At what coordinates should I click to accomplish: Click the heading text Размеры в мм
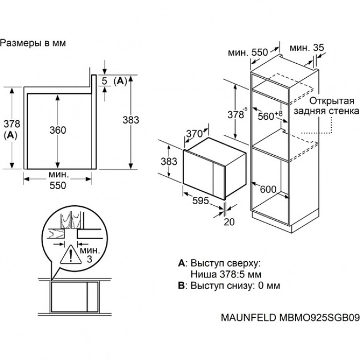[x=33, y=43]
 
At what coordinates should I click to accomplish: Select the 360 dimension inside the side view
[x=58, y=130]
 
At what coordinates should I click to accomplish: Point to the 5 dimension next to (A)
[x=104, y=81]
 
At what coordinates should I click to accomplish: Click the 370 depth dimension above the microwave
[x=194, y=133]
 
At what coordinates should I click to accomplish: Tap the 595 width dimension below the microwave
[x=201, y=201]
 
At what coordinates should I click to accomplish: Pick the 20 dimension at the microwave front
[x=229, y=222]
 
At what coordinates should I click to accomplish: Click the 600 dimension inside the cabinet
[x=268, y=189]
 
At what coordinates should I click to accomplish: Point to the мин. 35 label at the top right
[x=307, y=48]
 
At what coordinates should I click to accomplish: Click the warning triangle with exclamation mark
[x=71, y=255]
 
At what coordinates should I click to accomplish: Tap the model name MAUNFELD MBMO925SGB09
[x=290, y=317]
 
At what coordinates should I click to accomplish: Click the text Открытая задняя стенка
[x=327, y=105]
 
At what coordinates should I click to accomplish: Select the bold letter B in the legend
[x=182, y=285]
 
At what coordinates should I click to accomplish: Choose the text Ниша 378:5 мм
[x=226, y=274]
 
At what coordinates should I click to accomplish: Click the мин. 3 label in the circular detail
[x=90, y=255]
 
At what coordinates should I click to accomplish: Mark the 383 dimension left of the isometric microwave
[x=169, y=161]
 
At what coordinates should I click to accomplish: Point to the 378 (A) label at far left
[x=11, y=129]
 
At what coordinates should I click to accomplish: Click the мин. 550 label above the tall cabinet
[x=248, y=52]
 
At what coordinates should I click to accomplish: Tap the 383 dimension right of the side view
[x=131, y=120]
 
